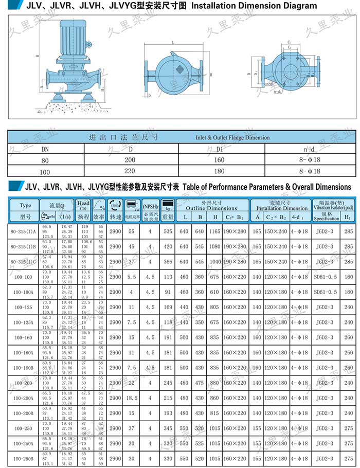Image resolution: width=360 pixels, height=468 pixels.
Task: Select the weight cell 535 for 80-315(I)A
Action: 168,232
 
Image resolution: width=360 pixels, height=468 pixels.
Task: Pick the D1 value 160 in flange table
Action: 220,160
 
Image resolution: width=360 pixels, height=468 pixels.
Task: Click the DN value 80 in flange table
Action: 46,160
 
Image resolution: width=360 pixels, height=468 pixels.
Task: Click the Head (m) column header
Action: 83,205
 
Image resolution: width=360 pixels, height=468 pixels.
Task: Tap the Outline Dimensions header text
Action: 211,208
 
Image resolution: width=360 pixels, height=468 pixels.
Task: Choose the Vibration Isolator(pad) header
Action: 334,207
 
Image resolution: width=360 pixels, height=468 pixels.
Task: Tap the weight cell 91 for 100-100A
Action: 168,292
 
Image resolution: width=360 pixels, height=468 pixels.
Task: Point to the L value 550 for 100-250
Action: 185,428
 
